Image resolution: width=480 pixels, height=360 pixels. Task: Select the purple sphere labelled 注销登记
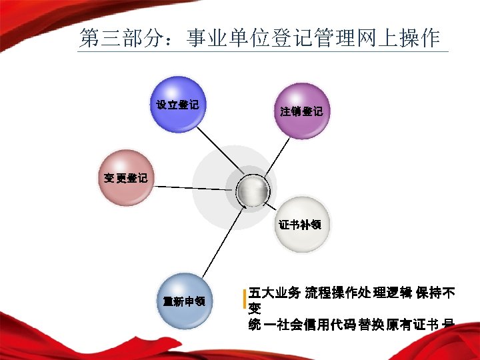(x=301, y=111)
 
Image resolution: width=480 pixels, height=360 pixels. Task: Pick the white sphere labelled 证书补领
(x=301, y=225)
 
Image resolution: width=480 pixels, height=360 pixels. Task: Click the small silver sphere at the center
(x=254, y=192)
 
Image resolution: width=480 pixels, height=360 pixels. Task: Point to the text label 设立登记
(x=177, y=105)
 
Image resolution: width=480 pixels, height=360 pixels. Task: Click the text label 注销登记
(x=301, y=111)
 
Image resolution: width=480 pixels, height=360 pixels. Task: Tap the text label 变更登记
(x=125, y=179)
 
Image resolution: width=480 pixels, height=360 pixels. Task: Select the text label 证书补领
(x=300, y=225)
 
